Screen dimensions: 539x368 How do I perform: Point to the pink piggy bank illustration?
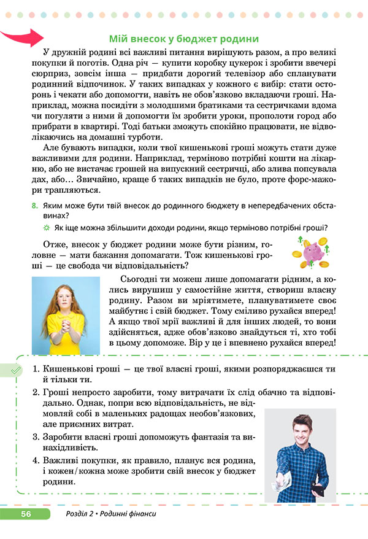click(318, 252)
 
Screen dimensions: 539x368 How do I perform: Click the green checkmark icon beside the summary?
click(13, 370)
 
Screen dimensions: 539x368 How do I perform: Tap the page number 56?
click(26, 513)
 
